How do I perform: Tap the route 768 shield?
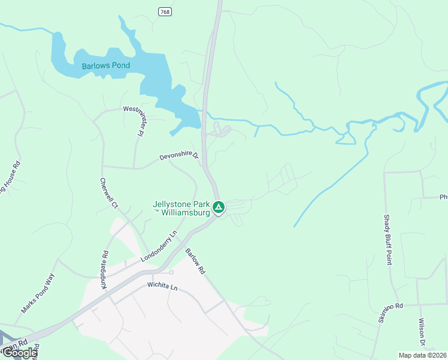pos(165,11)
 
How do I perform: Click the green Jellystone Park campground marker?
pos(219,208)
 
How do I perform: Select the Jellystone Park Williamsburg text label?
pos(182,208)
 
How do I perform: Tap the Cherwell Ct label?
pos(109,193)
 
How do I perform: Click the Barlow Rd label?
pos(195,262)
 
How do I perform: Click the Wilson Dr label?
pos(422,331)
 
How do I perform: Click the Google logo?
pos(19,353)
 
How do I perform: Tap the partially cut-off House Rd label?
pos(9,178)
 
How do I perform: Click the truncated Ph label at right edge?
pos(443,197)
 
